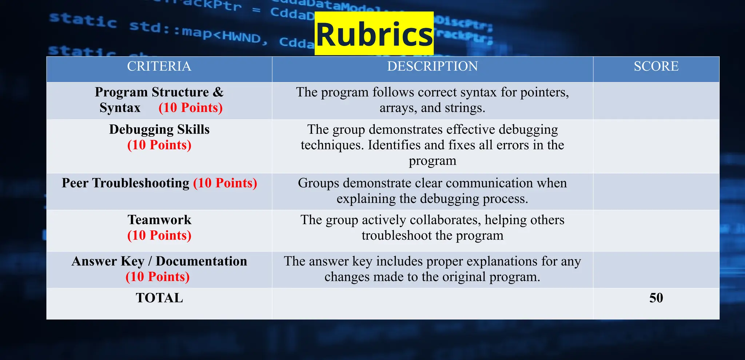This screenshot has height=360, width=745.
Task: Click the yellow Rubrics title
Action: tap(374, 34)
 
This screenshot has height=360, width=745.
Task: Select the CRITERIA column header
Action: tap(159, 66)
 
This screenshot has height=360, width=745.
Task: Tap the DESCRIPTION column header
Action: tap(432, 66)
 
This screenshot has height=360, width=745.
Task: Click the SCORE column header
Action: tap(656, 66)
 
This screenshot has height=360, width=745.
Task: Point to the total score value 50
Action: tap(656, 298)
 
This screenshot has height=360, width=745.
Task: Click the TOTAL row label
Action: tap(159, 298)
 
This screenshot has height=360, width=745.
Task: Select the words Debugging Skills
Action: tap(159, 129)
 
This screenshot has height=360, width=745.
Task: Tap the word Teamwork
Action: tap(159, 220)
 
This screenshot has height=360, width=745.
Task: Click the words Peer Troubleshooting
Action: tap(126, 183)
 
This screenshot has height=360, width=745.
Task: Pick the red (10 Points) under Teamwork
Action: tap(159, 235)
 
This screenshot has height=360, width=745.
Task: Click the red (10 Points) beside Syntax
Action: tap(191, 108)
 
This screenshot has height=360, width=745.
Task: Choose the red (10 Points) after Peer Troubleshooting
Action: tap(225, 183)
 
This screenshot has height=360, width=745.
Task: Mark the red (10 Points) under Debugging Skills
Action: tap(159, 145)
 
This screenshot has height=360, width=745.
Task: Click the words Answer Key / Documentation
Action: tap(159, 261)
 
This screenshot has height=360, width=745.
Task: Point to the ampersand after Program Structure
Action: tap(218, 92)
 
